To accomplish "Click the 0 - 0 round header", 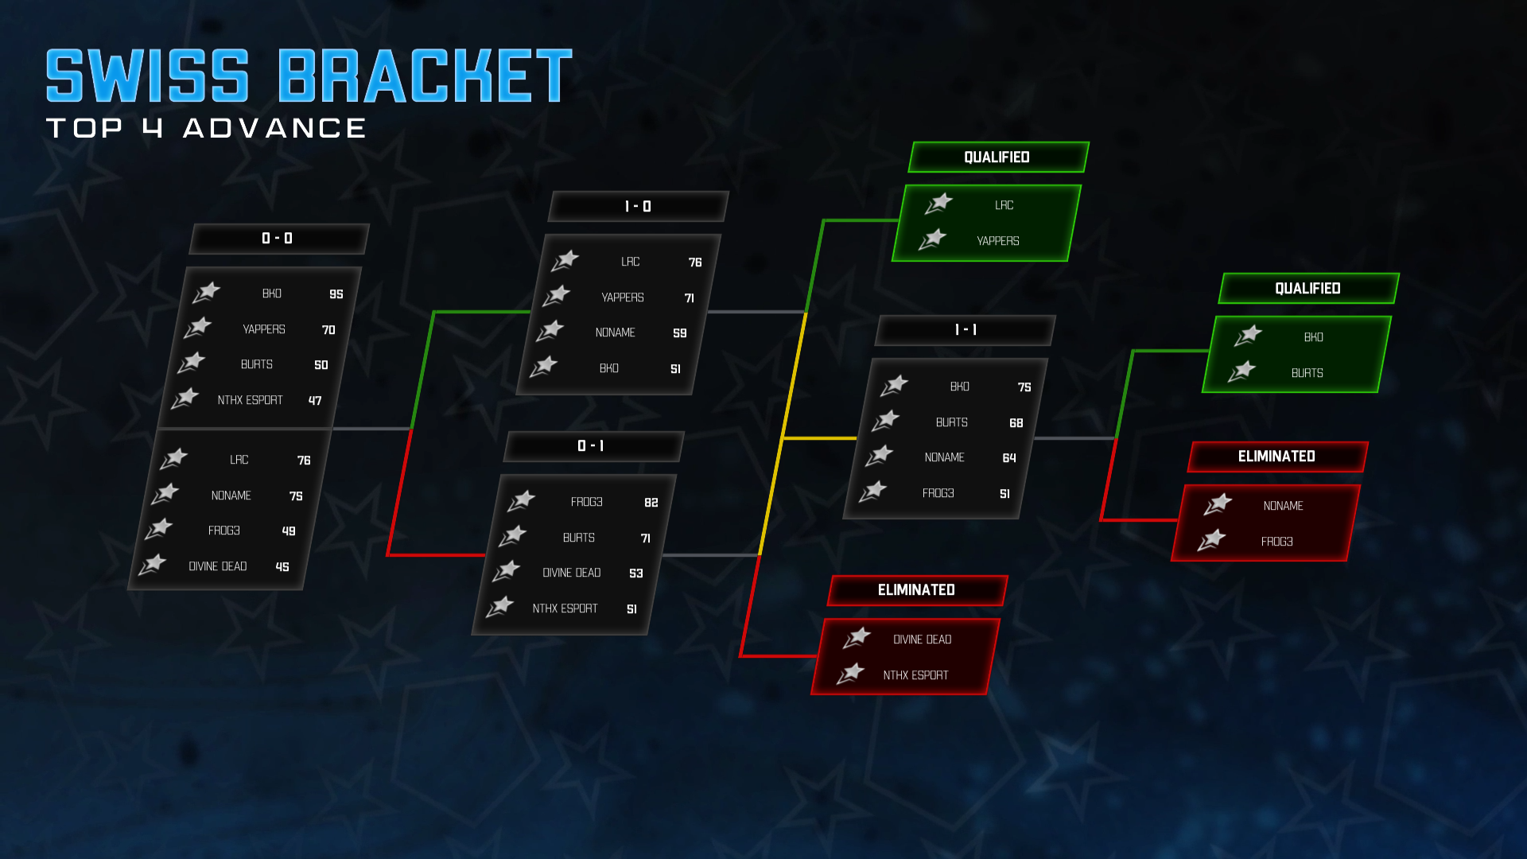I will [x=278, y=239].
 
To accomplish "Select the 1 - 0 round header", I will [x=638, y=207].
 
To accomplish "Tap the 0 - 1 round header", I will [x=591, y=446].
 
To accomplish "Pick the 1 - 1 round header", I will [x=966, y=330].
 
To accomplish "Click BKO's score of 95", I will [x=336, y=294].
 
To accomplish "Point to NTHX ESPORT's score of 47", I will [x=315, y=401].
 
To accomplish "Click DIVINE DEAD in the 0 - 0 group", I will [x=217, y=566].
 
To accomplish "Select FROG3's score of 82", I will [x=651, y=503].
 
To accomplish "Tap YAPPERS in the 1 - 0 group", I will [x=623, y=297].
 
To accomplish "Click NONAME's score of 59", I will [x=679, y=333].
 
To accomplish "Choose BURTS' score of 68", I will [x=1016, y=423].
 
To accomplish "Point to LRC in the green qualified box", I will [x=1004, y=205].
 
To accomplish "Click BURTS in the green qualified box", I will [x=1307, y=373].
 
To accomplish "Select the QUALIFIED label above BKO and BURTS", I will [x=1307, y=289].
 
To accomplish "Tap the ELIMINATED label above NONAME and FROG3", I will [x=1276, y=457].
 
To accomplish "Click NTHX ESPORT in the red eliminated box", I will [x=915, y=675].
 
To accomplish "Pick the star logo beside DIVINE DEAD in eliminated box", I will [x=857, y=638].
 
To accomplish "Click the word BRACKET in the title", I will [x=425, y=76].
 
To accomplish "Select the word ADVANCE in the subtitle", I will [x=274, y=128].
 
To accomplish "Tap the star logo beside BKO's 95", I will [x=207, y=293].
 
